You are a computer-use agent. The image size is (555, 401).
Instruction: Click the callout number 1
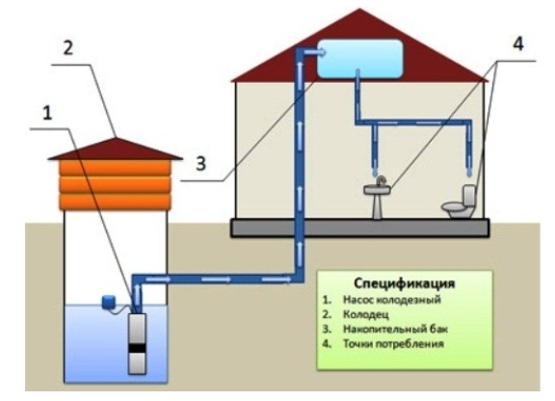47,114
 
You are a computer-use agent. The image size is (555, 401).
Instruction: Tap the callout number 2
68,47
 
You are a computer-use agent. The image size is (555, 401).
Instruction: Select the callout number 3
200,164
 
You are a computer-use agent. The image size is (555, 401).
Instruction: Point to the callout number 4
517,44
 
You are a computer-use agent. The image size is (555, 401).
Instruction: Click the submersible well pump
137,343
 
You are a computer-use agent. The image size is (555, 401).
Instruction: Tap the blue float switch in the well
108,302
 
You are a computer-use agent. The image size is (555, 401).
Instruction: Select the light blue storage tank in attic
359,59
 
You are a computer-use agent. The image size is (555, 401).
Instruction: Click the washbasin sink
378,198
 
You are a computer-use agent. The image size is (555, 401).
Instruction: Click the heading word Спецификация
405,283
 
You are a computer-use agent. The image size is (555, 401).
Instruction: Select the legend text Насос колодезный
392,300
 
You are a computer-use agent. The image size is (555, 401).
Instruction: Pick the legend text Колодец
366,314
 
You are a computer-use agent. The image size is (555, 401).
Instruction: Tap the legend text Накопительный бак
395,329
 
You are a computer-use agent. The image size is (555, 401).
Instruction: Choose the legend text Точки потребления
393,343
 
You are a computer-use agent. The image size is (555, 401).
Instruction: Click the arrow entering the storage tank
315,52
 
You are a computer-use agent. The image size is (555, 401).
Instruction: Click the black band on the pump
137,348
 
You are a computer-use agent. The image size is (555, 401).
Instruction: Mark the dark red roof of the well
115,149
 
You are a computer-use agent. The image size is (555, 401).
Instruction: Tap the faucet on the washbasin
381,181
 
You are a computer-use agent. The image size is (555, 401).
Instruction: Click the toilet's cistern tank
469,195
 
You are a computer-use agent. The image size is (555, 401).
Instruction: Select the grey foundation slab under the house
360,227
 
